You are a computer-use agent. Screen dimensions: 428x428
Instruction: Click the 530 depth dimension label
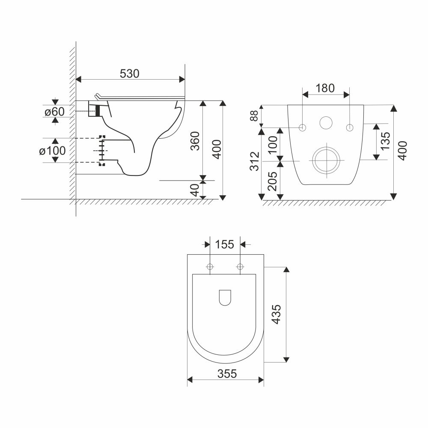pos(129,74)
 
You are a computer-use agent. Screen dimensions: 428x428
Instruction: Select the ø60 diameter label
pos(55,112)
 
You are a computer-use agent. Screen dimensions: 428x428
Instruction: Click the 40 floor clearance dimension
pos(195,190)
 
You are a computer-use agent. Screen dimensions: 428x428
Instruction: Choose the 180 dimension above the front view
pos(325,88)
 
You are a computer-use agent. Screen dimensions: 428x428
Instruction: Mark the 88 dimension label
pos(254,116)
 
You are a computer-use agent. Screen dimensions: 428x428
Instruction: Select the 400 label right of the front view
pos(403,150)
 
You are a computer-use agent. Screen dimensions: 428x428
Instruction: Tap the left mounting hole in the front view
pos(303,127)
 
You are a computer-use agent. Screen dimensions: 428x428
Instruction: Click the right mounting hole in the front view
pos(350,127)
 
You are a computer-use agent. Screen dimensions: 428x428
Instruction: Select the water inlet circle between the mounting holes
pos(326,123)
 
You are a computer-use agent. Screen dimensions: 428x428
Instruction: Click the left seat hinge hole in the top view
pos(210,267)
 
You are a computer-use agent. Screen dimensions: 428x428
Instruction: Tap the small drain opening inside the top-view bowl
pos(225,298)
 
